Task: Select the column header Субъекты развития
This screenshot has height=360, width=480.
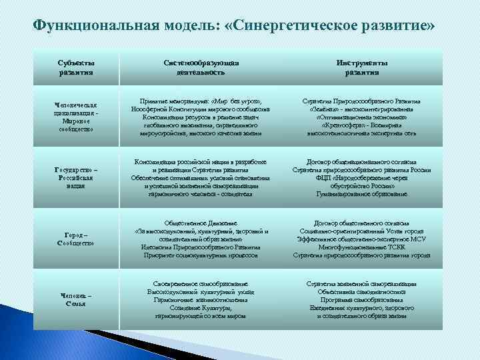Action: click(x=76, y=67)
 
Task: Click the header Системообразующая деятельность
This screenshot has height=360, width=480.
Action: click(x=201, y=67)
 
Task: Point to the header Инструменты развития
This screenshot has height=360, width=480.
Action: click(x=362, y=67)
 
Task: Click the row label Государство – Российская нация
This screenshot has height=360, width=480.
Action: click(x=76, y=177)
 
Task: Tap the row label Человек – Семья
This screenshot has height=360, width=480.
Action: click(x=76, y=299)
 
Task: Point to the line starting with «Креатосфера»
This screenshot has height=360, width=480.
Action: click(x=362, y=125)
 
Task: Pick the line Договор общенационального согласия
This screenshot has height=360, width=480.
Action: click(x=362, y=162)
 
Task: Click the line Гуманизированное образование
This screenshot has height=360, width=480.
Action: click(x=362, y=194)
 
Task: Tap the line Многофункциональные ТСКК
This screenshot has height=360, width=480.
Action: click(x=362, y=247)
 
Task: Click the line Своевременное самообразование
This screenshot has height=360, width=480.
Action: click(x=201, y=284)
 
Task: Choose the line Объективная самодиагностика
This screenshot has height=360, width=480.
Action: click(x=362, y=292)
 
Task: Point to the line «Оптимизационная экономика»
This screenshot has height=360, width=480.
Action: click(x=362, y=117)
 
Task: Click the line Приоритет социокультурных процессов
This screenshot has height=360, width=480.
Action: click(x=201, y=255)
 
